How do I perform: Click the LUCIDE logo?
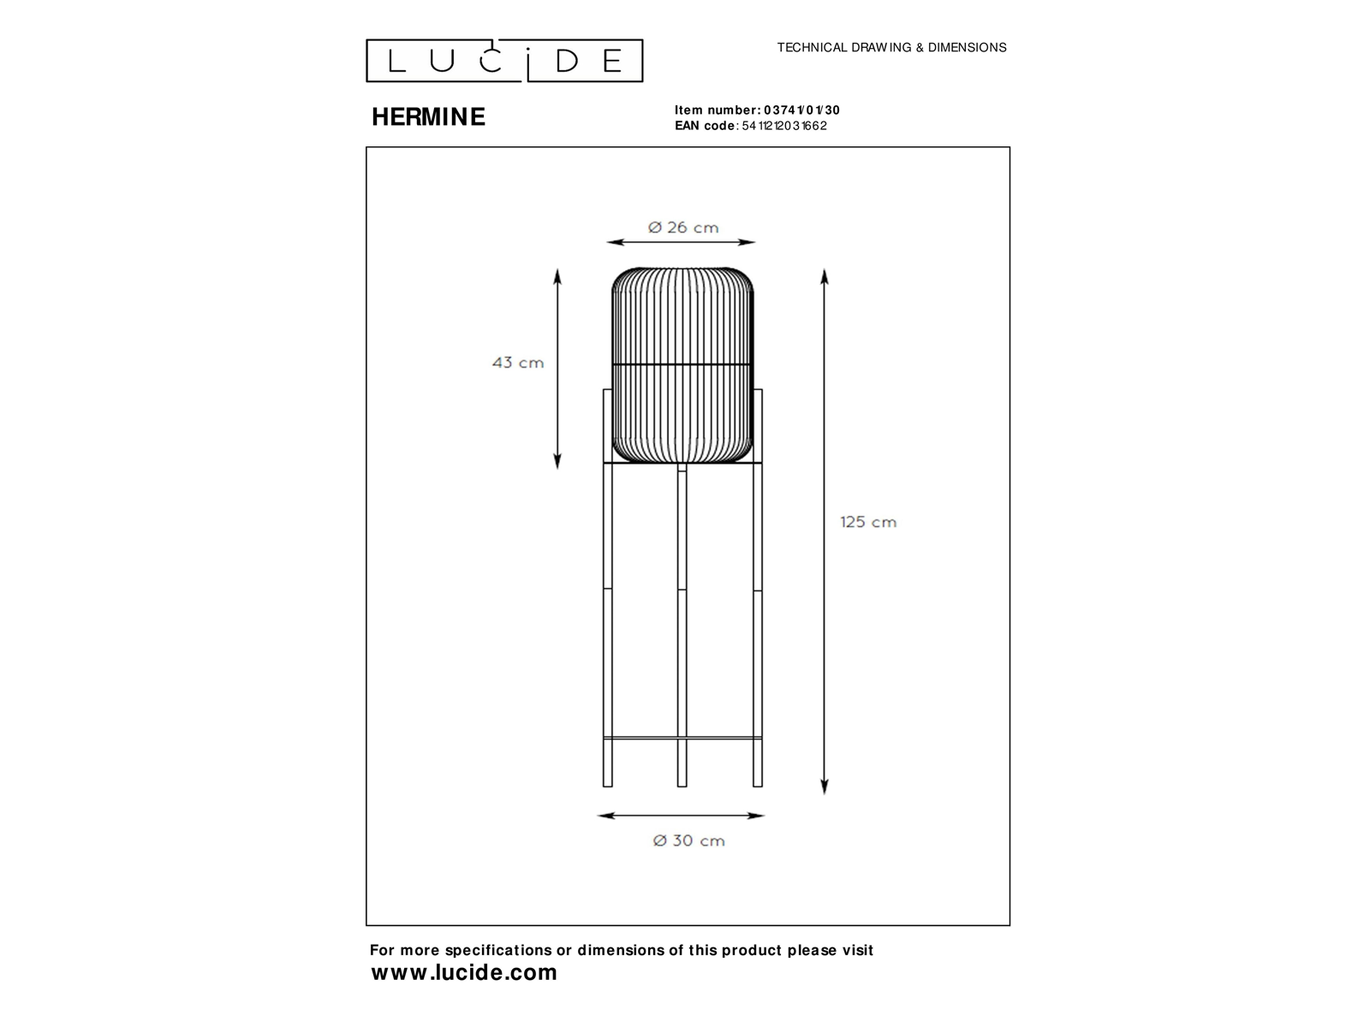coord(504,61)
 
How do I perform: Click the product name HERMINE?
coord(428,116)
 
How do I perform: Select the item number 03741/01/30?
coord(802,110)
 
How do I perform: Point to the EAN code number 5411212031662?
coord(784,125)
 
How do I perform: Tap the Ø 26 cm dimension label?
coord(683,228)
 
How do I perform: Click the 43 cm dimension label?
coord(518,362)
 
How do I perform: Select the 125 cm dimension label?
coord(868,522)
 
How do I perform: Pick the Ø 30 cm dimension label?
coord(689,840)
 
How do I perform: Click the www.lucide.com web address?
coord(464,972)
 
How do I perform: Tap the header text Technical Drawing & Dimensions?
coord(891,47)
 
